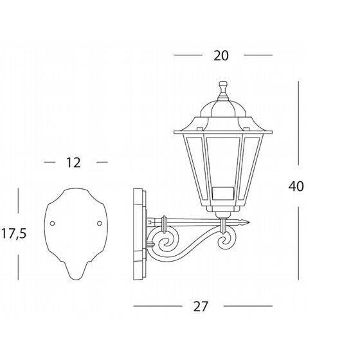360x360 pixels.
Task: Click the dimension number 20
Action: [x=221, y=56]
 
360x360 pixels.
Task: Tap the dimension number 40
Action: [x=296, y=186]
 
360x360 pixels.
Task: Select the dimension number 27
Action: [x=201, y=306]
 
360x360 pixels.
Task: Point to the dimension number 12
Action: [x=73, y=163]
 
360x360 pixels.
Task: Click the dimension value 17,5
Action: [x=14, y=234]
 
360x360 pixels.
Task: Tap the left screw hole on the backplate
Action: [x=52, y=223]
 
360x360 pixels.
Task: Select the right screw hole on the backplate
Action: [x=100, y=223]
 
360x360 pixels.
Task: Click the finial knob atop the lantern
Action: [x=223, y=87]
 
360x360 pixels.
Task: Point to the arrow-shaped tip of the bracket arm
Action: [x=245, y=222]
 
